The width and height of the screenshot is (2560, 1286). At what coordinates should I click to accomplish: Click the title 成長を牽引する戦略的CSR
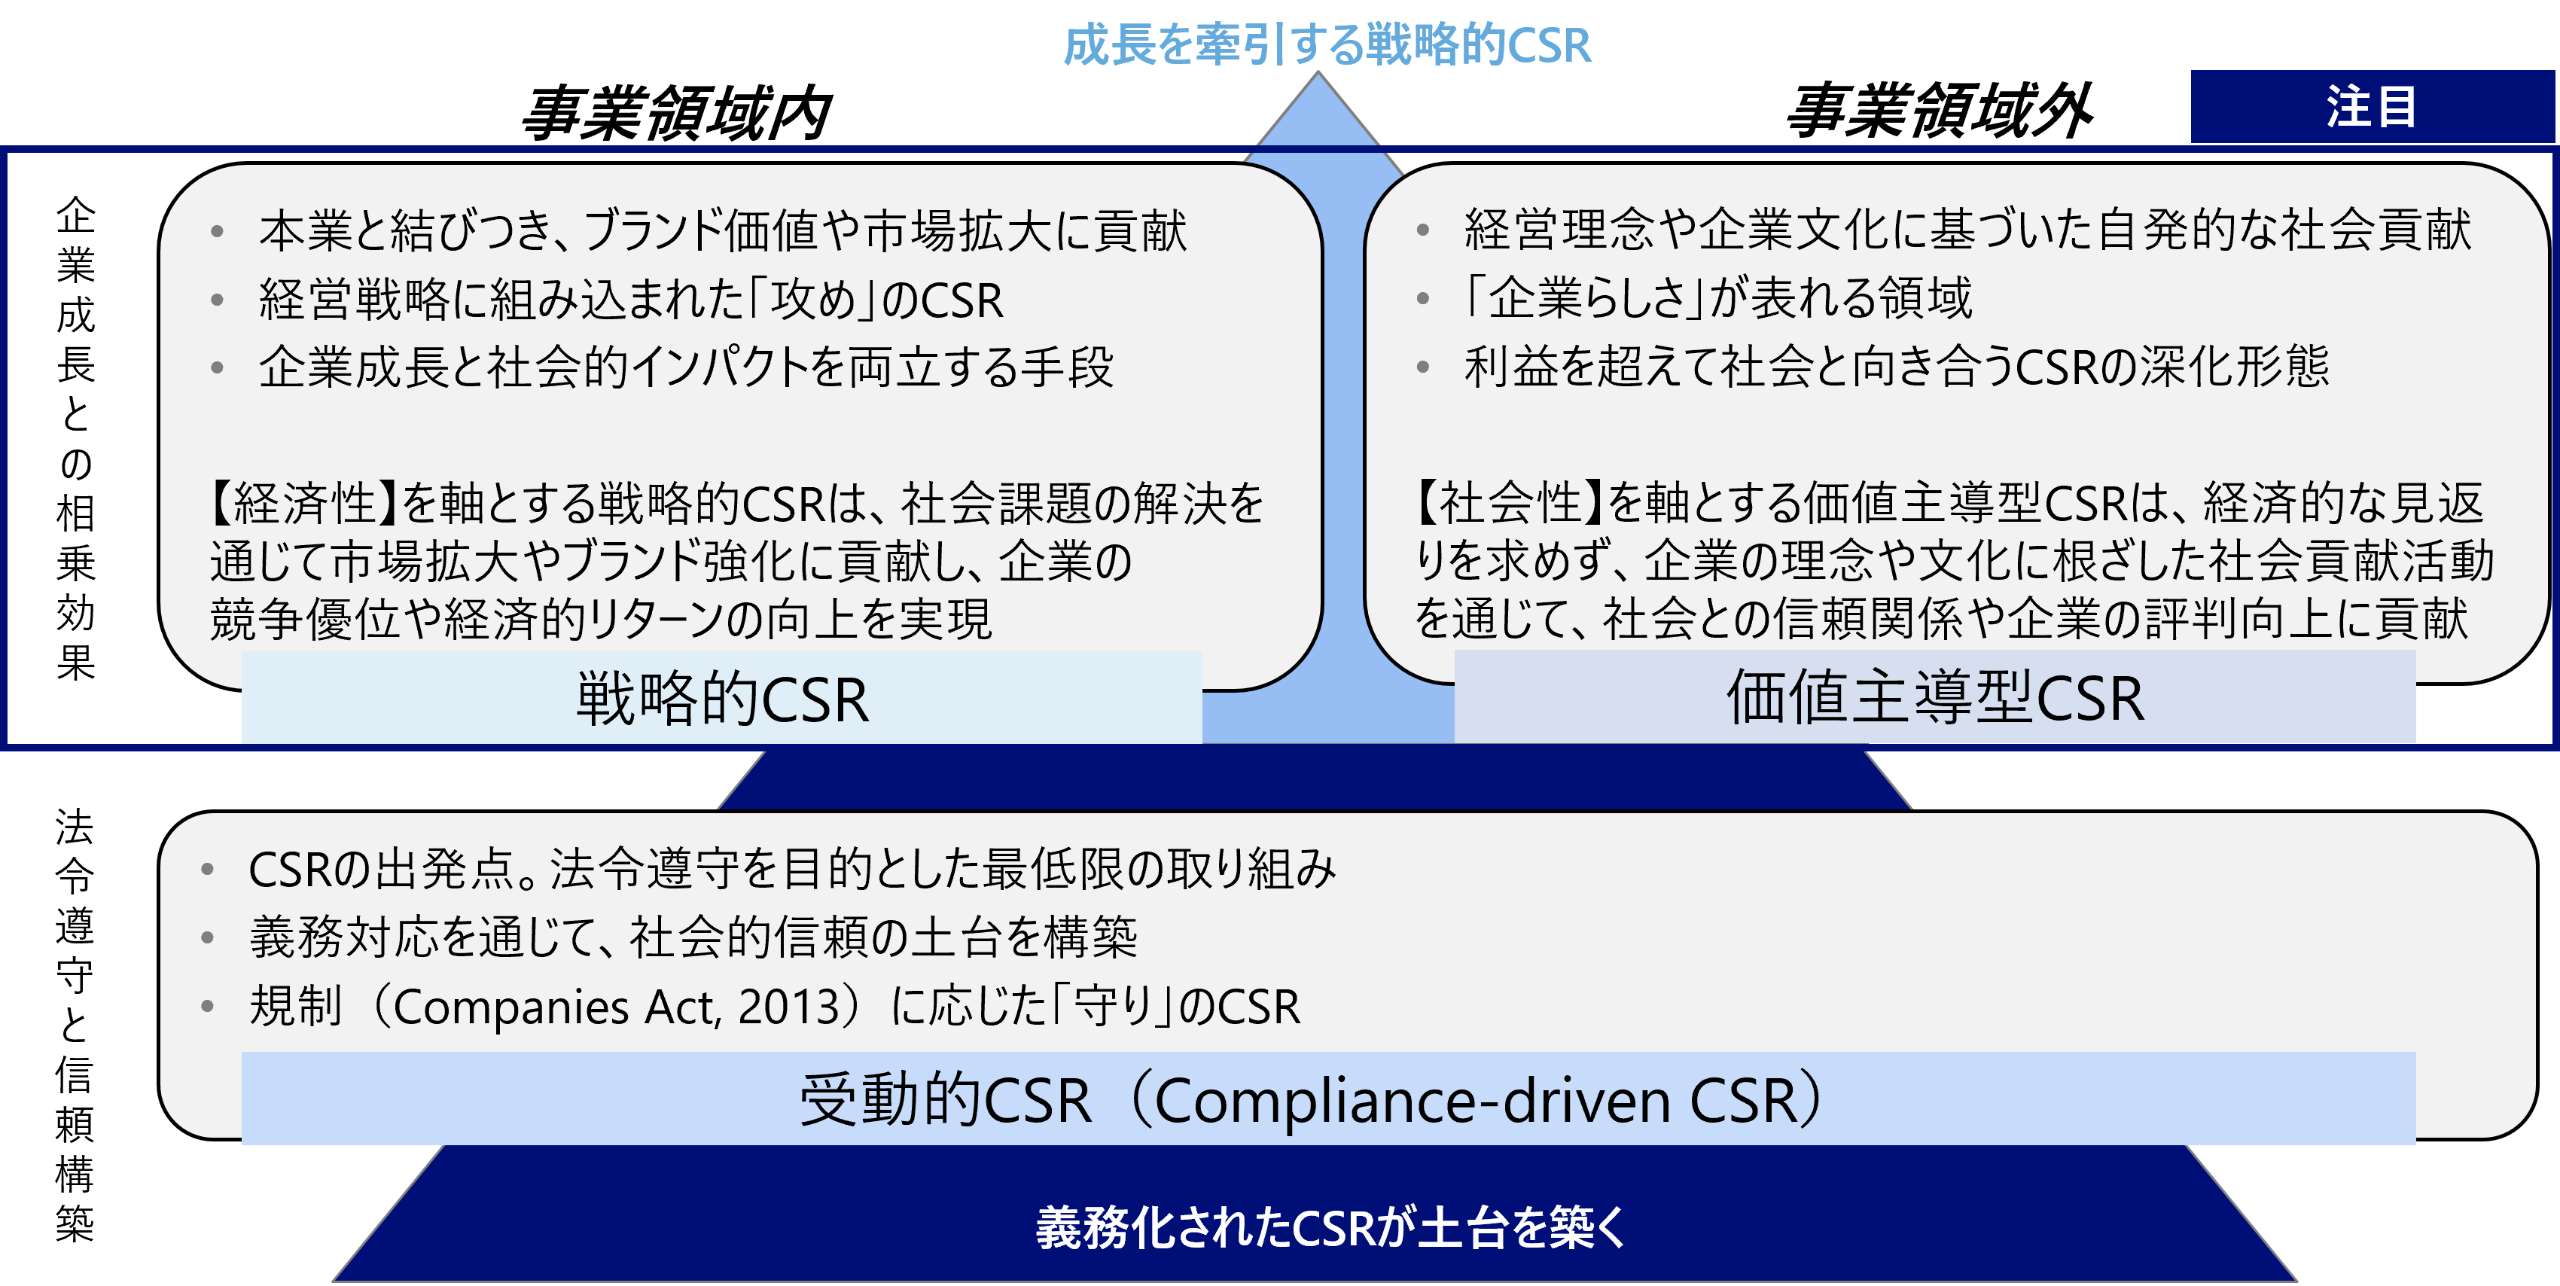tap(1327, 44)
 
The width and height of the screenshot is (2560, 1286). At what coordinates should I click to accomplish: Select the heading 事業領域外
tap(1939, 111)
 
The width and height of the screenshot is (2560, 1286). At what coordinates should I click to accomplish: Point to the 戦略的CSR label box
tap(721, 698)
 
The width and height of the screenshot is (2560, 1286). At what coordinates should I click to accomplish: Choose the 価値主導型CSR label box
tap(1935, 696)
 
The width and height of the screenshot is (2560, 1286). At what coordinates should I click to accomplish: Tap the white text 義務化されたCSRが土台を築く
tap(1330, 1227)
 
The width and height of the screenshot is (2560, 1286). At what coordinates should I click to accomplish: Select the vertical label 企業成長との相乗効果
tap(75, 438)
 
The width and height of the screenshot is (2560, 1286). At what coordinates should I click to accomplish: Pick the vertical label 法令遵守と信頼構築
tap(75, 1025)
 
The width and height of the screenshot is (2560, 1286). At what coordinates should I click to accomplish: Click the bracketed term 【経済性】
tap(304, 503)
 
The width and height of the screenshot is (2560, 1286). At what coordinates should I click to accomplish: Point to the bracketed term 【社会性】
tap(1510, 502)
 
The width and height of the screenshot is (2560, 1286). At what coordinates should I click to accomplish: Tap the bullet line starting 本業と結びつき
tap(723, 230)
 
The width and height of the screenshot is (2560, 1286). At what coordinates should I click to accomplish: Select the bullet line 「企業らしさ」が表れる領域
tap(1717, 298)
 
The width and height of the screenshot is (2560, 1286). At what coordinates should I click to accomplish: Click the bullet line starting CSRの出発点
tap(792, 870)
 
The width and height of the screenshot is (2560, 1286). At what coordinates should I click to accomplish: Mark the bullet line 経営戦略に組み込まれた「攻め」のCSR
tap(631, 299)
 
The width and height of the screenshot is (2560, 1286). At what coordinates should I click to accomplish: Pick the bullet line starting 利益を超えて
tap(1896, 366)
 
